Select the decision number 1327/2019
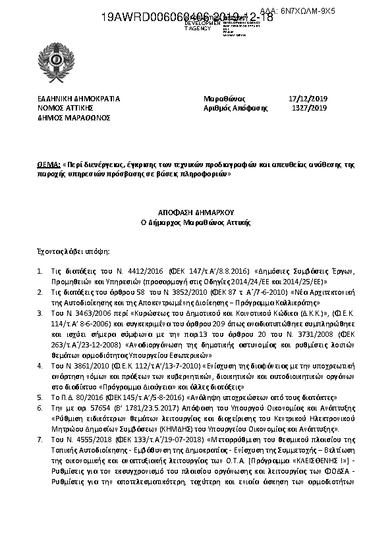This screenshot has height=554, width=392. tap(309, 108)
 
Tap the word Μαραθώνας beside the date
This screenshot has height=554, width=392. tap(225, 99)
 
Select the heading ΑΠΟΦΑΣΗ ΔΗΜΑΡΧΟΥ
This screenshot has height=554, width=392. tap(196, 213)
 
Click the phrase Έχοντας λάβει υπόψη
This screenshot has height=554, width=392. tap(73, 251)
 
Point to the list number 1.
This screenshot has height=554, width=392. tap(40, 271)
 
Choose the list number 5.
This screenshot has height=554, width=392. tap(40, 397)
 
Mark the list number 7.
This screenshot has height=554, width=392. tap(40, 438)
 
